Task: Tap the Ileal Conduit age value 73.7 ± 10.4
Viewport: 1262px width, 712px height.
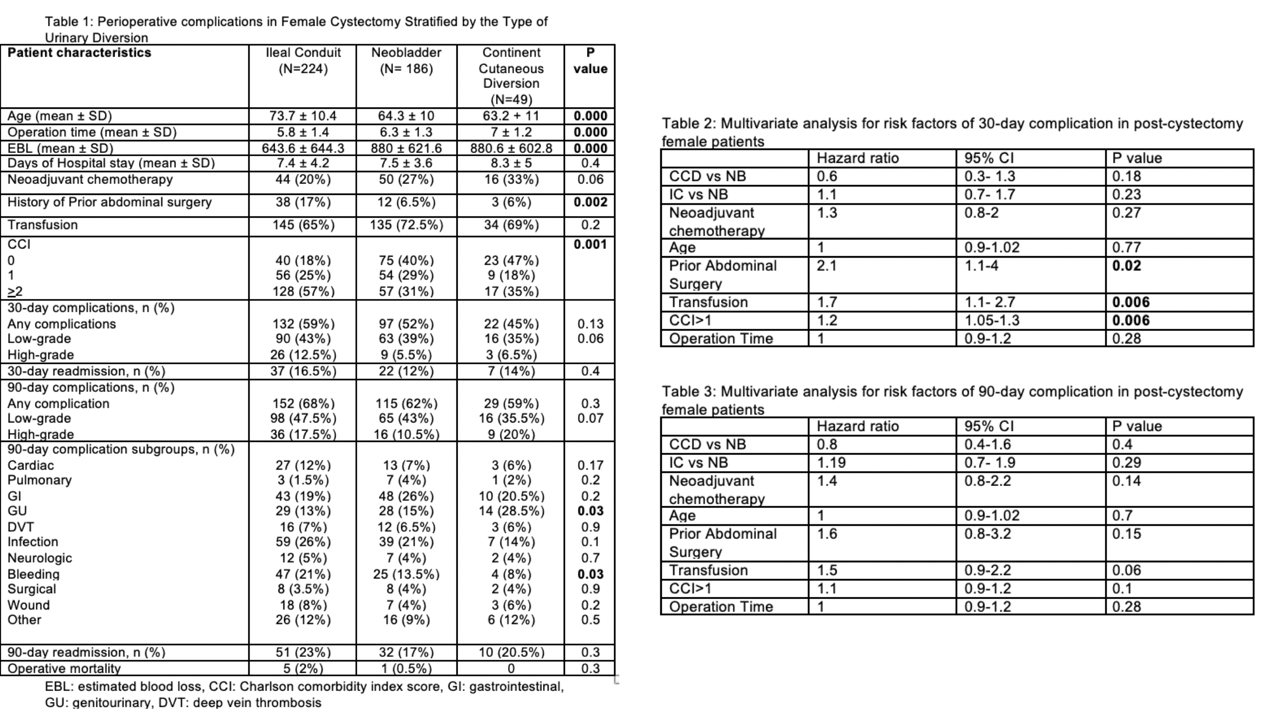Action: [303, 116]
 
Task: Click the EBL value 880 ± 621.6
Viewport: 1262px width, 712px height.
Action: [406, 148]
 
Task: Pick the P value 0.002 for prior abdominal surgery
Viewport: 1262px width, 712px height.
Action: [590, 202]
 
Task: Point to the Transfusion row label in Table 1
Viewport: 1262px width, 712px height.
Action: [43, 225]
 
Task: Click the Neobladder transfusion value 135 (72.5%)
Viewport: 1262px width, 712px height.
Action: [406, 225]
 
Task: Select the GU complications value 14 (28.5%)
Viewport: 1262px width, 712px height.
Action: [511, 511]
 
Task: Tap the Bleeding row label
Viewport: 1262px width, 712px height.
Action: [33, 574]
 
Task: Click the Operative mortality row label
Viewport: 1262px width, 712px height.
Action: [64, 668]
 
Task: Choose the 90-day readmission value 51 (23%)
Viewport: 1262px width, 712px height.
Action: [303, 652]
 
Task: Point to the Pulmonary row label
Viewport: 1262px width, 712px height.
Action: [39, 480]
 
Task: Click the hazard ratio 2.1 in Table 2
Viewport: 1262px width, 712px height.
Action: [827, 266]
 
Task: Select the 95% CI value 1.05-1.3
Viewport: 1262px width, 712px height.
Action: [992, 320]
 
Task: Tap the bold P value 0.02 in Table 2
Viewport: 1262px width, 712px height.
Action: [1126, 266]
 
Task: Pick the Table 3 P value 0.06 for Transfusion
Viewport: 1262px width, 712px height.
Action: [1126, 570]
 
